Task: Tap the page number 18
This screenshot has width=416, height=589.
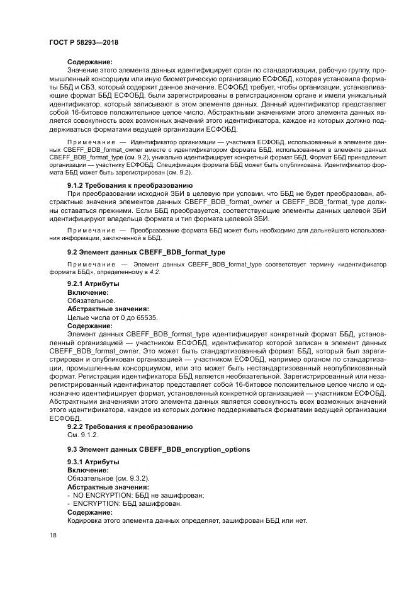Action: [53, 535]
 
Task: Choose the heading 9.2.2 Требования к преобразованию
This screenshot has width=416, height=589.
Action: [130, 426]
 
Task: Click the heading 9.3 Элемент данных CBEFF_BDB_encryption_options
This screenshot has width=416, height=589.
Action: [159, 449]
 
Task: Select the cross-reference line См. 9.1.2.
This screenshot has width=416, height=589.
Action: [82, 435]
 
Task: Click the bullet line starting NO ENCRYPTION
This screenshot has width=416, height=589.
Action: [135, 495]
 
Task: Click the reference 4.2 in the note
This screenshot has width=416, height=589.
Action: [154, 272]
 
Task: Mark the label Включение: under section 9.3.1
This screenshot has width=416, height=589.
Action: [88, 471]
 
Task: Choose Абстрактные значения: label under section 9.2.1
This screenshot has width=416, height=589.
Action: [108, 309]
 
